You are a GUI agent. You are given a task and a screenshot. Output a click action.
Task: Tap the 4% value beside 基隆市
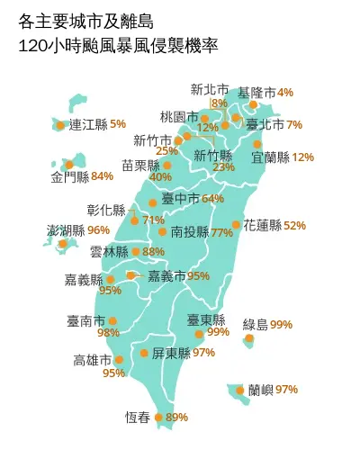tap(285, 92)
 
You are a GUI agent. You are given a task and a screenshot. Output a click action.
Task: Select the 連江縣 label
tap(88, 124)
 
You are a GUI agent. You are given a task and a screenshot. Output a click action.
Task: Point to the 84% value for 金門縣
tap(102, 175)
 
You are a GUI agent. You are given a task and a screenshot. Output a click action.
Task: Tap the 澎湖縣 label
tap(66, 230)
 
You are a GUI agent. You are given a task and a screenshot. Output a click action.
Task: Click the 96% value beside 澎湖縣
tap(98, 230)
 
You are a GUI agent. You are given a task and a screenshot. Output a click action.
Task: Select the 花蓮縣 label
tap(262, 225)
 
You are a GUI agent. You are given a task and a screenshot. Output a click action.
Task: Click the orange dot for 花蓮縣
tap(236, 225)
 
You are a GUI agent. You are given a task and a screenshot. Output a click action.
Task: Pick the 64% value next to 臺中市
tap(212, 198)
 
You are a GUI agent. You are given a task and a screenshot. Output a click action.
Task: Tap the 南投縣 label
tap(189, 232)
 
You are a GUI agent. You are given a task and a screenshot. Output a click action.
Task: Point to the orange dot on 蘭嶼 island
tap(239, 390)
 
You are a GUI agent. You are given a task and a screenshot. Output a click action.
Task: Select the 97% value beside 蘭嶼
tap(286, 390)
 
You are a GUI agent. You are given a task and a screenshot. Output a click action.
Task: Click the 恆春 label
tap(138, 417)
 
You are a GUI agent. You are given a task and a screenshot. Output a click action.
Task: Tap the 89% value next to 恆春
tap(176, 417)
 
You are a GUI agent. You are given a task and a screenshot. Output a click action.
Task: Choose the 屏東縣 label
tap(171, 353)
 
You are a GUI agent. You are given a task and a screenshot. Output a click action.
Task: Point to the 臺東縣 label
tap(206, 319)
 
